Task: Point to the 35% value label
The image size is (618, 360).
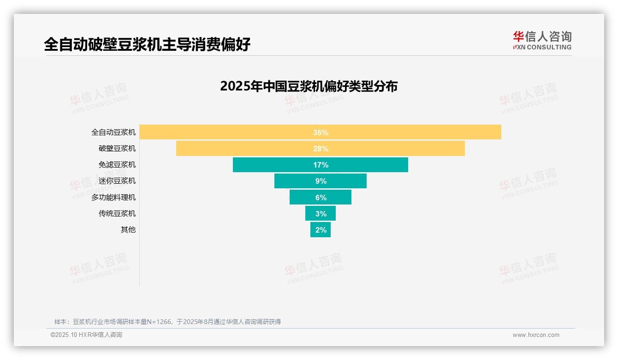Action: pyautogui.click(x=321, y=132)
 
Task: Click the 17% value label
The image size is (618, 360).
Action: pyautogui.click(x=321, y=165)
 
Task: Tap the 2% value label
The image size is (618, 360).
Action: pyautogui.click(x=321, y=230)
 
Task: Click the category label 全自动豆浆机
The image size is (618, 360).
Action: pyautogui.click(x=113, y=132)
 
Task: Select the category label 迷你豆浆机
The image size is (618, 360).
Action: pyautogui.click(x=117, y=181)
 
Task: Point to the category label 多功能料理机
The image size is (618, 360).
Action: pyautogui.click(x=113, y=198)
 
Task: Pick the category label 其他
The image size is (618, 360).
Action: pyautogui.click(x=128, y=230)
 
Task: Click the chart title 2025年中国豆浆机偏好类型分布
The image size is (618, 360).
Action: pyautogui.click(x=309, y=86)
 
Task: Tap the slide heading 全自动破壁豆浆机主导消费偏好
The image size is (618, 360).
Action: pyautogui.click(x=147, y=44)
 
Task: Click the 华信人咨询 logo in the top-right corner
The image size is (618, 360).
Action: pyautogui.click(x=542, y=40)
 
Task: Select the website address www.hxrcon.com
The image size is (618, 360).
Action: pyautogui.click(x=535, y=335)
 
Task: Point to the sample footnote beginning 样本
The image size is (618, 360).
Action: pyautogui.click(x=167, y=322)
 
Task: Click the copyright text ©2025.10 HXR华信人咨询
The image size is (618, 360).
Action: pyautogui.click(x=86, y=335)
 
